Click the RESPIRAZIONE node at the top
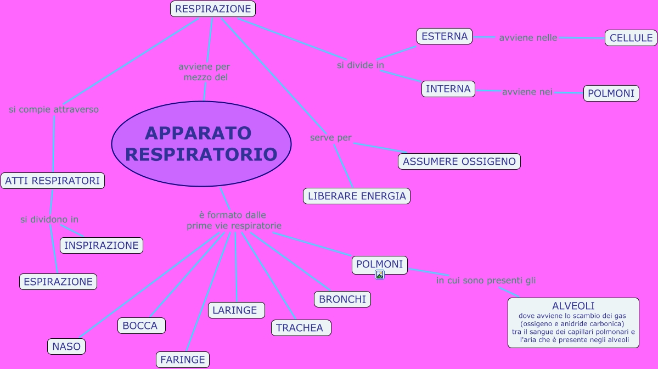click(213, 9)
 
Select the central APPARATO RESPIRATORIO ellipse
click(201, 144)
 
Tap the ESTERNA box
click(445, 36)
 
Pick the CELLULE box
click(631, 38)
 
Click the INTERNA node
click(448, 89)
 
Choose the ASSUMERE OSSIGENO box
click(459, 161)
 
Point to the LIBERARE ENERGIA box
click(357, 196)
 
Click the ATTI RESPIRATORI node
click(53, 181)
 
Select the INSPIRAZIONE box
click(102, 245)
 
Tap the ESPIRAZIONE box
click(58, 282)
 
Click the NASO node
click(66, 346)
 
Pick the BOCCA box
click(141, 326)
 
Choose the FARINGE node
click(183, 360)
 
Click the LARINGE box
click(236, 310)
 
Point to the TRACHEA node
click(301, 328)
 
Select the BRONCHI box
click(342, 299)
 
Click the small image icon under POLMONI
click(379, 275)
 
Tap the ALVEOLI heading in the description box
click(573, 306)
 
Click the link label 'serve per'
click(330, 137)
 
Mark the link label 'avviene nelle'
click(528, 38)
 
